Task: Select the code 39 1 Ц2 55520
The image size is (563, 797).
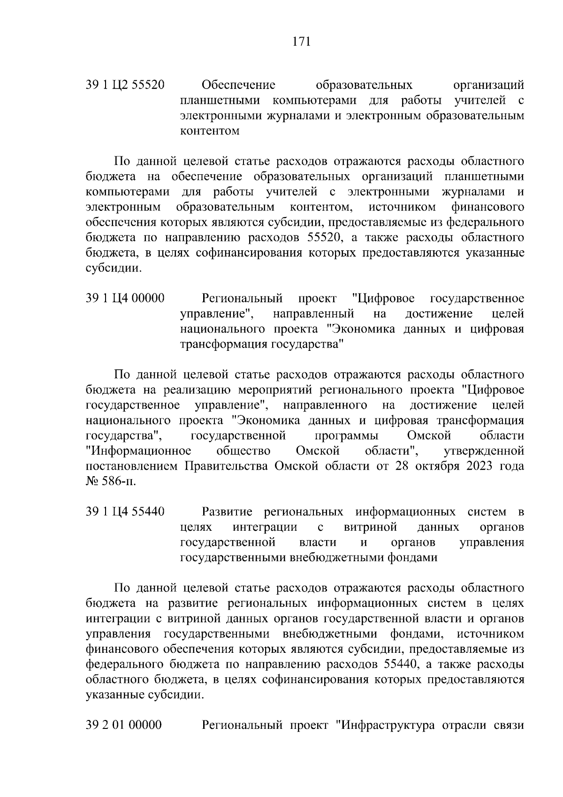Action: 125,85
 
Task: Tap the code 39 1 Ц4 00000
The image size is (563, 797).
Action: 125,299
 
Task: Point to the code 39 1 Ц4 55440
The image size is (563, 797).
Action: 125,512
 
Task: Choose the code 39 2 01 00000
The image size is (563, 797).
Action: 124,725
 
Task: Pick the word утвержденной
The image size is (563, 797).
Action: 484,451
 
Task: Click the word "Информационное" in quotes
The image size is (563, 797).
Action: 139,451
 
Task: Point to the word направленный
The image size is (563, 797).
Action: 313,314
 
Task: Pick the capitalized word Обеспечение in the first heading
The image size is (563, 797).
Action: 238,85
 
